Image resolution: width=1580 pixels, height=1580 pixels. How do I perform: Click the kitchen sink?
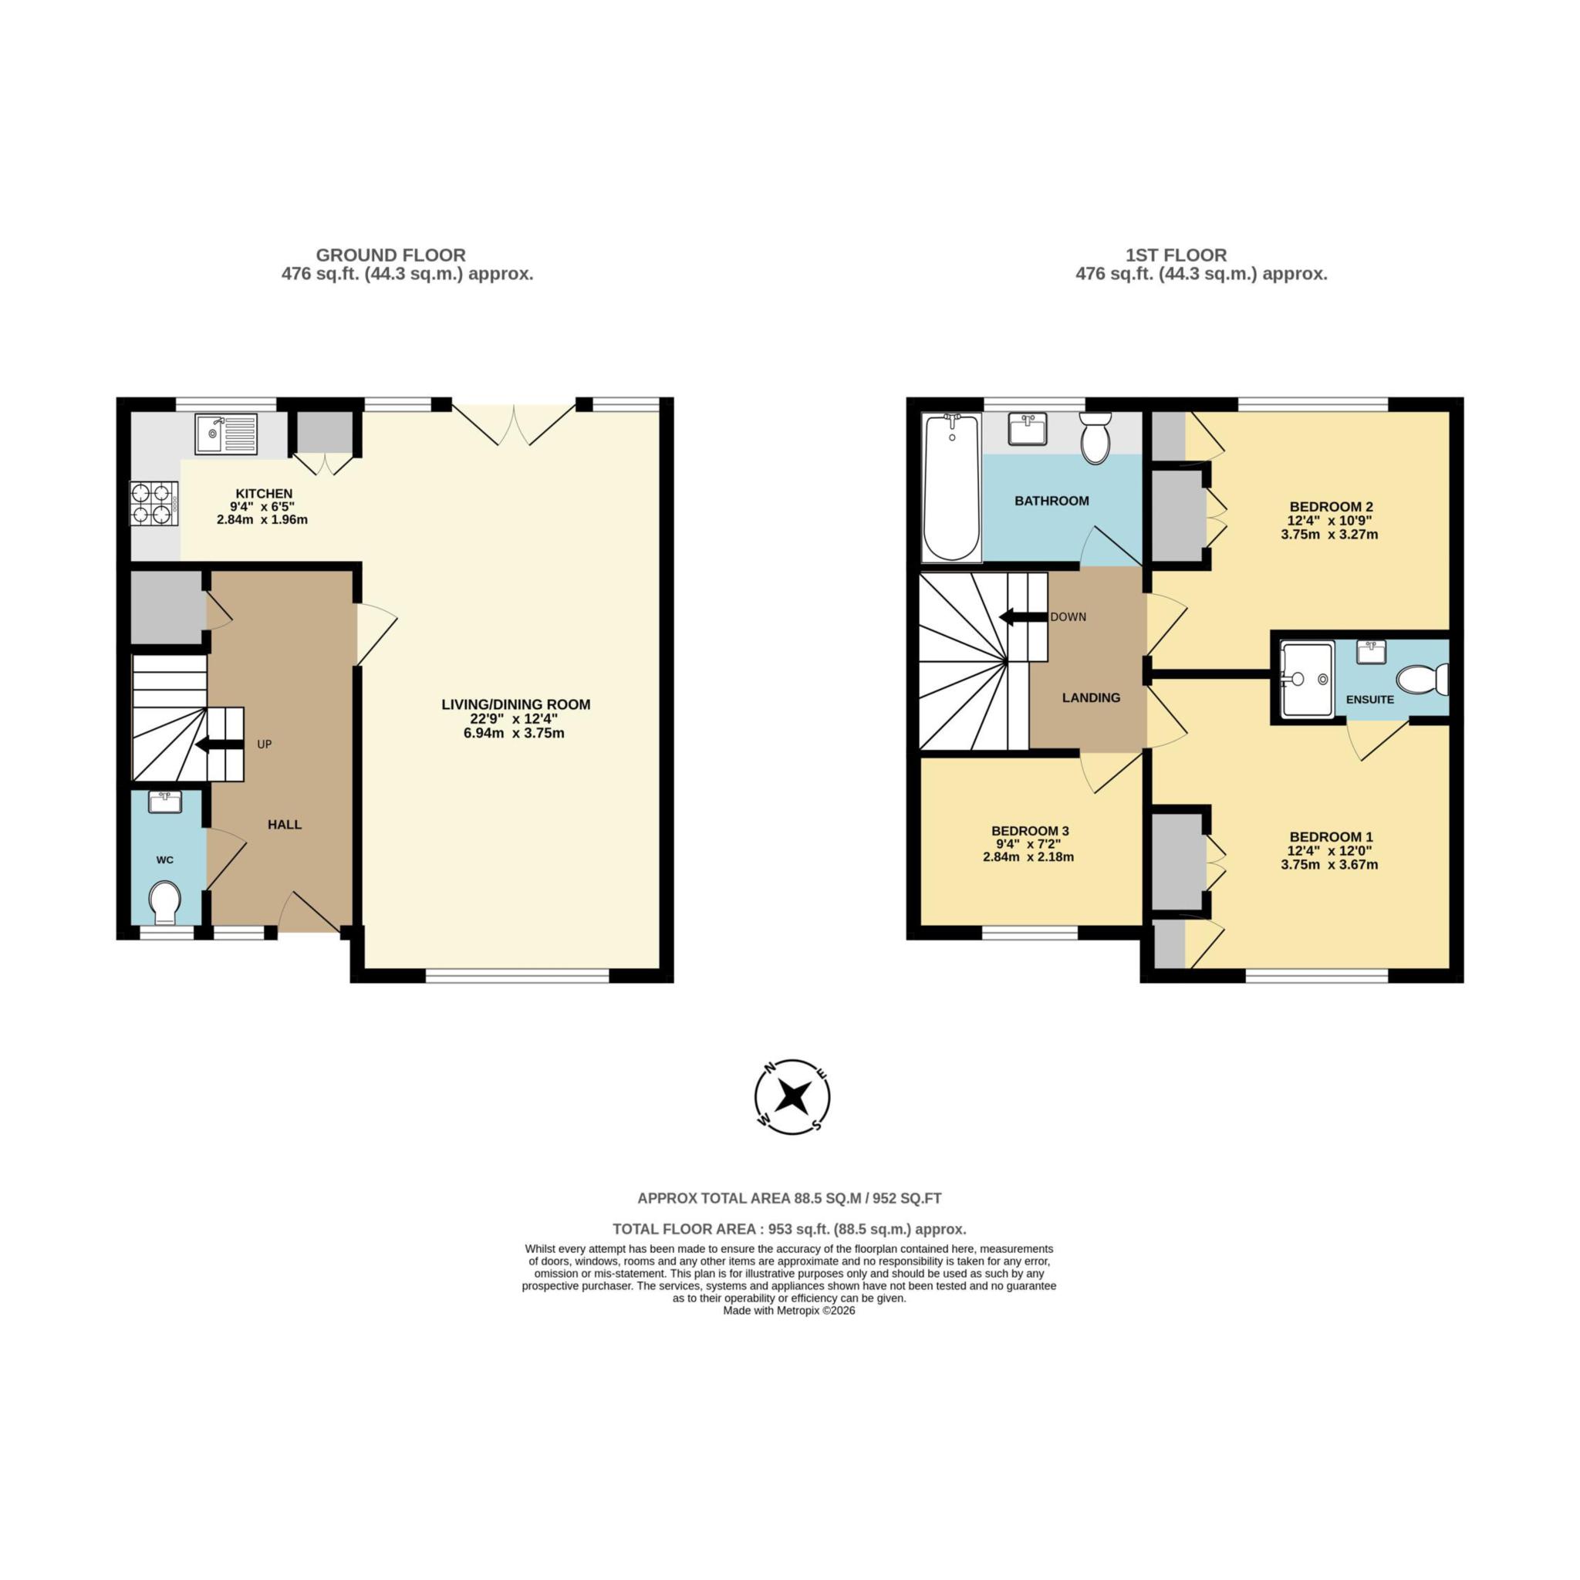(225, 434)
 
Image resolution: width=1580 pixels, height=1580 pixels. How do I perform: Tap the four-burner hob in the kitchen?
(154, 504)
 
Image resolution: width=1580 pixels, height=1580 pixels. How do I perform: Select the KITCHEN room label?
(263, 494)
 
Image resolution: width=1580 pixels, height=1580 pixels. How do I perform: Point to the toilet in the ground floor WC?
(165, 901)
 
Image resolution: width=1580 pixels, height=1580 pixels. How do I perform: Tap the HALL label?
(285, 825)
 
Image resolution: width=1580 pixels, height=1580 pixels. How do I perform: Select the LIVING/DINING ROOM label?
(515, 704)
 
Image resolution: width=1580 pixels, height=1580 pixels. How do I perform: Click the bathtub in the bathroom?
(951, 488)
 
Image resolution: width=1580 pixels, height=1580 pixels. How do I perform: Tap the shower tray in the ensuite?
(1307, 679)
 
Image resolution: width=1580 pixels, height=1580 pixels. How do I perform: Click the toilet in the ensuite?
(1421, 680)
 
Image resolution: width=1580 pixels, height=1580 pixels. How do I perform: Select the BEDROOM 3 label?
(1030, 831)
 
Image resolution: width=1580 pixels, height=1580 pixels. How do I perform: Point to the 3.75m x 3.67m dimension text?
(1330, 864)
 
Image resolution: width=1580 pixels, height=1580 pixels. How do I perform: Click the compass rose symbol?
(792, 1097)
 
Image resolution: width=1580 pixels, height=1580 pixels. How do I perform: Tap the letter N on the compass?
(768, 1069)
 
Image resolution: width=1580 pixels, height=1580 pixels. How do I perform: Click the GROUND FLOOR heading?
(390, 255)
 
